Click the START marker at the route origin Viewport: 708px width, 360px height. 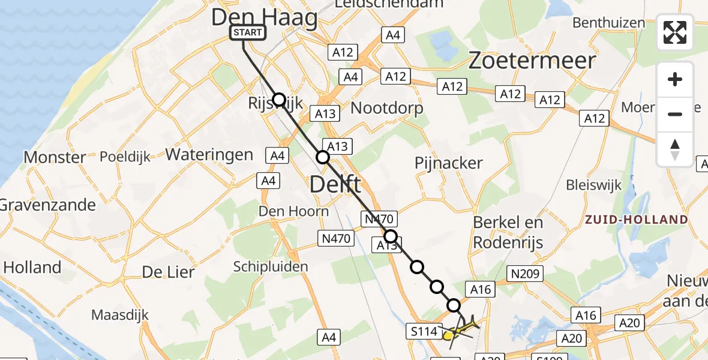click(x=248, y=32)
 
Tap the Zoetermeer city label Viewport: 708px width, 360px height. click(x=532, y=61)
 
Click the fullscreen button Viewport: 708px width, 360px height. click(x=675, y=32)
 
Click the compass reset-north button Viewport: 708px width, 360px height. click(x=675, y=149)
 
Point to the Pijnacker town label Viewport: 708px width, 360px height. click(x=449, y=163)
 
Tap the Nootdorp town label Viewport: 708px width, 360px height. click(x=386, y=108)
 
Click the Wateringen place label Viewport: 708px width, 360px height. click(x=209, y=154)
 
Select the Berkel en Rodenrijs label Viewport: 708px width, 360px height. click(x=508, y=232)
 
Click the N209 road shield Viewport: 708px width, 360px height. click(x=525, y=274)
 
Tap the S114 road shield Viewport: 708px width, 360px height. click(x=424, y=331)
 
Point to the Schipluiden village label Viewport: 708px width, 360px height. click(x=263, y=267)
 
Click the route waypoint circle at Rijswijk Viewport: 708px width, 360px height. click(x=279, y=99)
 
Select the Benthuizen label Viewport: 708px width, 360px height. click(x=609, y=23)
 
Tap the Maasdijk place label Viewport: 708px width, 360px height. click(x=120, y=314)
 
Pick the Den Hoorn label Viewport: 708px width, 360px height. click(x=293, y=211)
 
